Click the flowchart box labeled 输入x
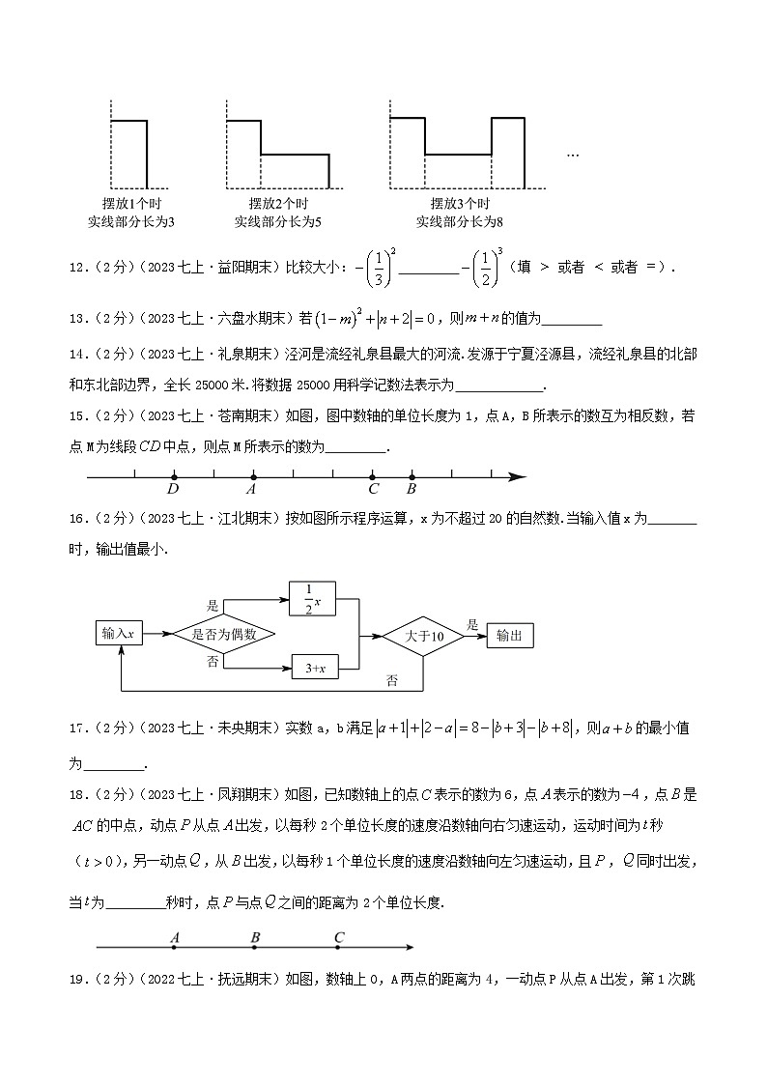pos(118,634)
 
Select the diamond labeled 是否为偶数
pos(223,634)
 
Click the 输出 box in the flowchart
pos(509,635)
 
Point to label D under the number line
pos(173,490)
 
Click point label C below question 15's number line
pos(373,490)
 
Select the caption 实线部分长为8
pos(460,223)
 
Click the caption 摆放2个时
pos(278,204)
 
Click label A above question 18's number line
pos(174,937)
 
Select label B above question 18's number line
pos(255,937)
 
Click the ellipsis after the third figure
pos(572,155)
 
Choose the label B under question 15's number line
pos(412,490)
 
